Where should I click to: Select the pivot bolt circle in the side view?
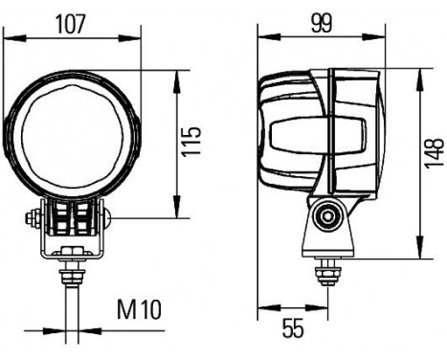(328, 216)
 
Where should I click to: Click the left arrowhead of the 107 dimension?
(8, 38)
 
